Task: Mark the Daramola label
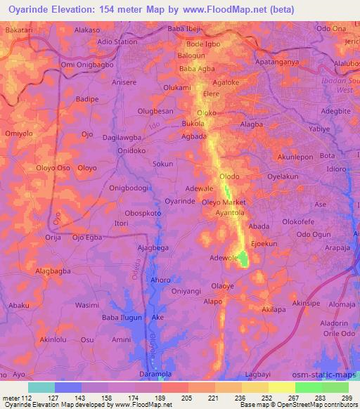155,373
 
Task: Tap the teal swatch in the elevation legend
41,387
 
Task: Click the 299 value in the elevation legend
347,398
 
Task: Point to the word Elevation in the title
89,9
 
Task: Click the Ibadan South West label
345,85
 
